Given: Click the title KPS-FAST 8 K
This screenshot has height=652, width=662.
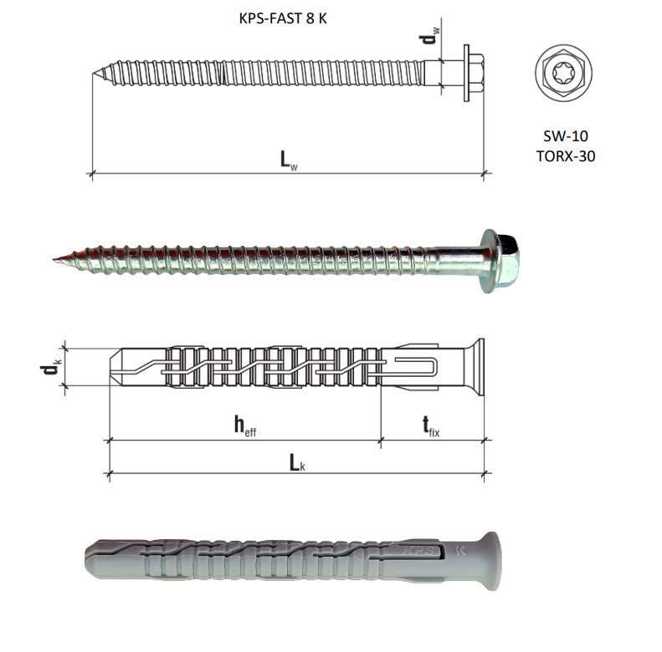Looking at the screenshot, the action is pyautogui.click(x=282, y=18).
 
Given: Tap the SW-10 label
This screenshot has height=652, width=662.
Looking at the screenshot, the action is pyautogui.click(x=565, y=135).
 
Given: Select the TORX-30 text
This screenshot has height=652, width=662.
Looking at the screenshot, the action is pyautogui.click(x=566, y=156).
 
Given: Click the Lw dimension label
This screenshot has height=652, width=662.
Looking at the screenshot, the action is pyautogui.click(x=289, y=160).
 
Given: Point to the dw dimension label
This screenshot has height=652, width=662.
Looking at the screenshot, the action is pyautogui.click(x=429, y=36).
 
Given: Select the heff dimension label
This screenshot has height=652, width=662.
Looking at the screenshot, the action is pyautogui.click(x=245, y=425).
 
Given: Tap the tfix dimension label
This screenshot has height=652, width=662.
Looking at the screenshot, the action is pyautogui.click(x=431, y=426).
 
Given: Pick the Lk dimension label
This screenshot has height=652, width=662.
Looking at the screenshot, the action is pyautogui.click(x=297, y=462).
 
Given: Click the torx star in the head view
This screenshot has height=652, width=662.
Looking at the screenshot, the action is pyautogui.click(x=563, y=73).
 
